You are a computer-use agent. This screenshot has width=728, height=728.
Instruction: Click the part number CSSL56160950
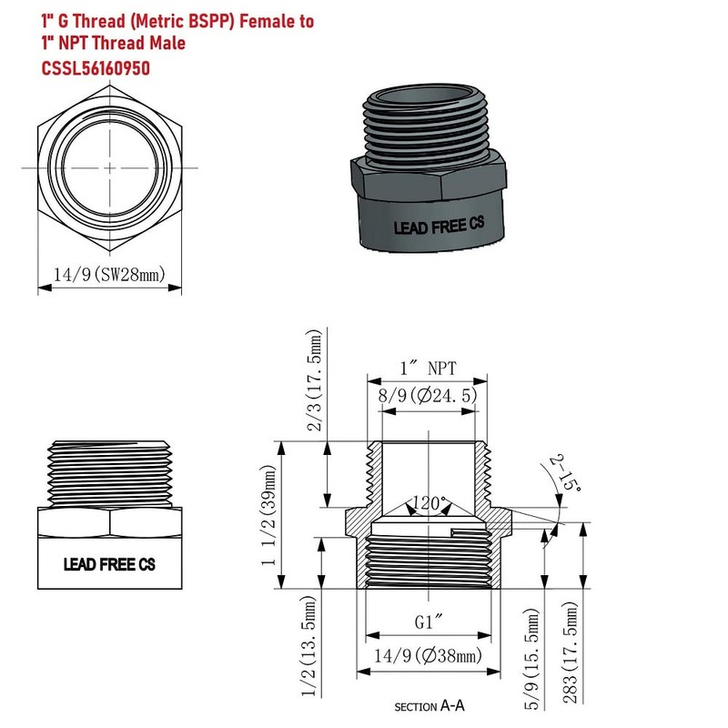click(x=96, y=67)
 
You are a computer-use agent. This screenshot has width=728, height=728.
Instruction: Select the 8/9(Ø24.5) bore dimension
click(x=429, y=397)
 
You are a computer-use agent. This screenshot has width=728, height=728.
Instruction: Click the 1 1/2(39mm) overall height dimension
click(x=268, y=514)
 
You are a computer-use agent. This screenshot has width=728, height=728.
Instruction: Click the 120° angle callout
click(x=430, y=503)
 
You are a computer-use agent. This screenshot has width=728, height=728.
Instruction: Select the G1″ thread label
click(x=429, y=624)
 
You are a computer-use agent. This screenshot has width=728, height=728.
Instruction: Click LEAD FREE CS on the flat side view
click(x=109, y=564)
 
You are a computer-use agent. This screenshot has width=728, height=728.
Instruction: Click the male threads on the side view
click(x=109, y=473)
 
